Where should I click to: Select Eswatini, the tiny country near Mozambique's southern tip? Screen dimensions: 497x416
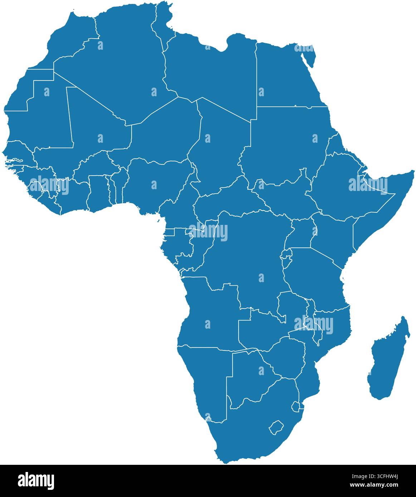(x=295, y=407)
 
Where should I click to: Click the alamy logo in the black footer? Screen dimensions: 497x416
(x=36, y=480)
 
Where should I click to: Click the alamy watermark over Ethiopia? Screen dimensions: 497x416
(x=368, y=185)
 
